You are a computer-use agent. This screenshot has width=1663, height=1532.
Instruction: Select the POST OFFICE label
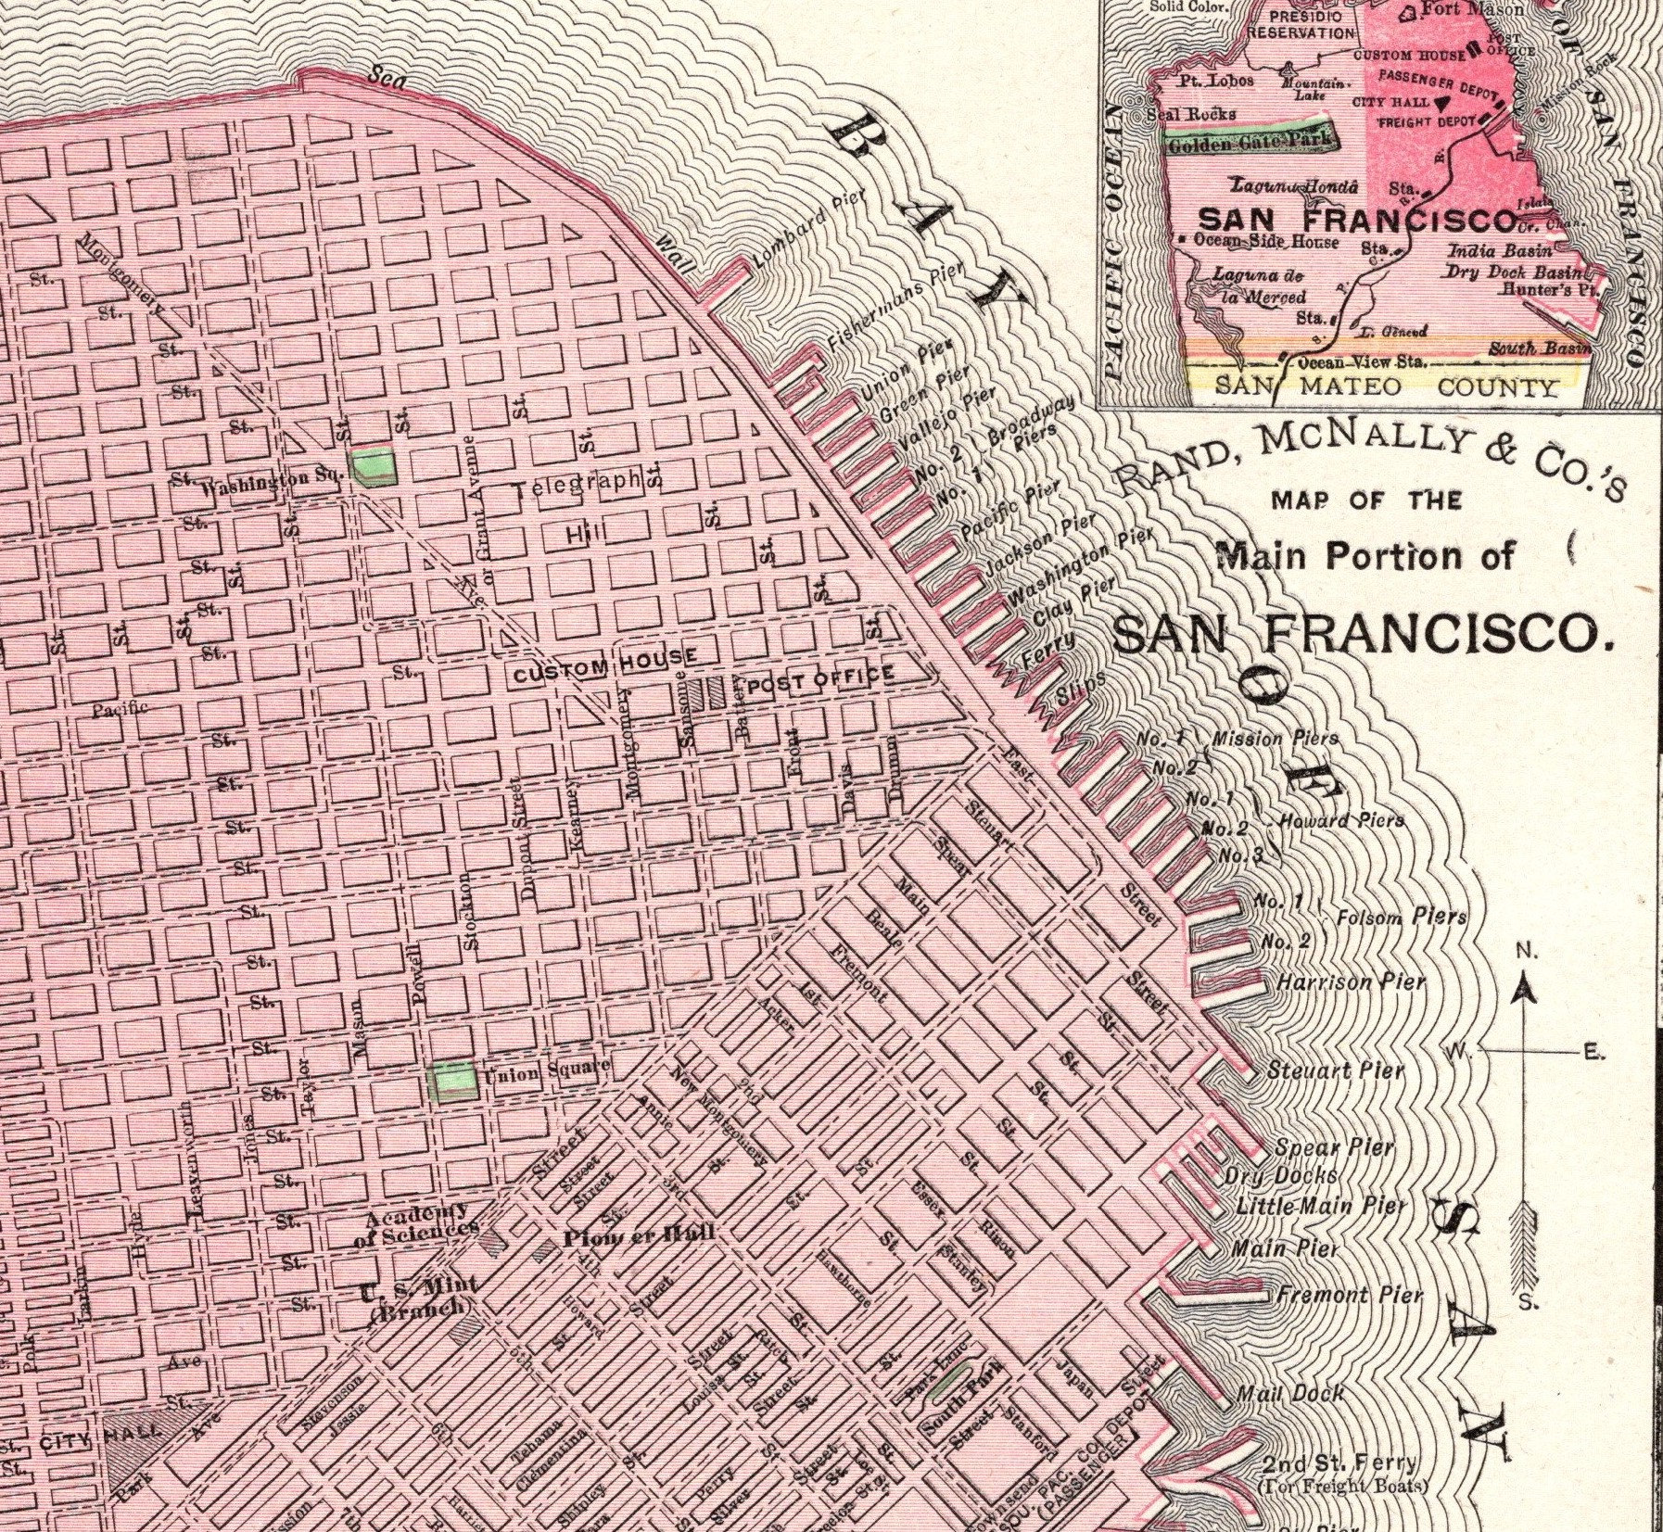pos(820,679)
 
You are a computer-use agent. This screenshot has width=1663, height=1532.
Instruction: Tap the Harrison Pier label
pos(1351,981)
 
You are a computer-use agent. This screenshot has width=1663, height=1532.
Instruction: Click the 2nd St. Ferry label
pos(1339,1465)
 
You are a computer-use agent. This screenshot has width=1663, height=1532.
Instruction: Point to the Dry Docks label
pos(1281,1176)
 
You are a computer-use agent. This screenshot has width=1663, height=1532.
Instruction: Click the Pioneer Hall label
pos(640,1235)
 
